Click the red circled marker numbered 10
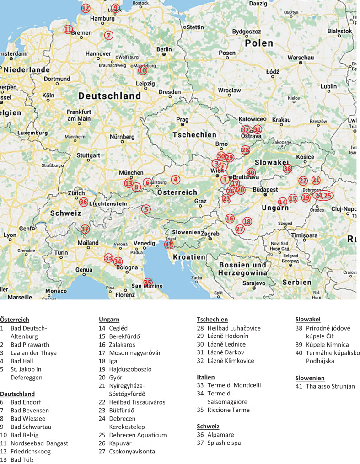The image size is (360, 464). (143, 70)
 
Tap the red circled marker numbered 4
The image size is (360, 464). (176, 180)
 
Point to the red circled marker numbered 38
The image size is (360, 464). (287, 169)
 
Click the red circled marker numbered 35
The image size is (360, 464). (148, 282)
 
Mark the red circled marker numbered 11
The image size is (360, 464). (68, 30)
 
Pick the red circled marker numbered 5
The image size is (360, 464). (146, 209)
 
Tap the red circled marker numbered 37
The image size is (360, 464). (85, 229)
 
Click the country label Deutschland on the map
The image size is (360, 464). (109, 96)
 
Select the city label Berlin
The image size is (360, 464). (164, 49)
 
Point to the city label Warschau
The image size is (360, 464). (301, 58)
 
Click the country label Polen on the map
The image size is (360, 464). (259, 43)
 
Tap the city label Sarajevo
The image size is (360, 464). (254, 283)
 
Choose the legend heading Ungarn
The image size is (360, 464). (110, 320)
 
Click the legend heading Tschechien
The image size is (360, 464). (212, 320)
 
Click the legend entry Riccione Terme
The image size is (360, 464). (228, 410)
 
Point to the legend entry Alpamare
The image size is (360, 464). (220, 435)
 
